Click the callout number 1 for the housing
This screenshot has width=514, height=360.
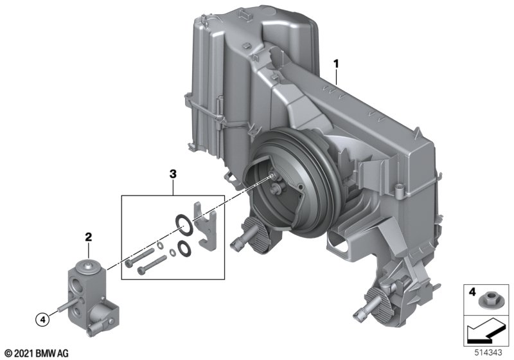(x=335, y=64)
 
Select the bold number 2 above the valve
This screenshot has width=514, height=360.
(x=89, y=237)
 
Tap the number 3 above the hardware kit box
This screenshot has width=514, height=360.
(x=173, y=174)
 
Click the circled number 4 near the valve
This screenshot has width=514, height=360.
(x=42, y=319)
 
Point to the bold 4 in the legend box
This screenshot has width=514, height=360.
(x=472, y=291)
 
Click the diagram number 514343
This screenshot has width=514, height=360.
(x=488, y=353)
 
